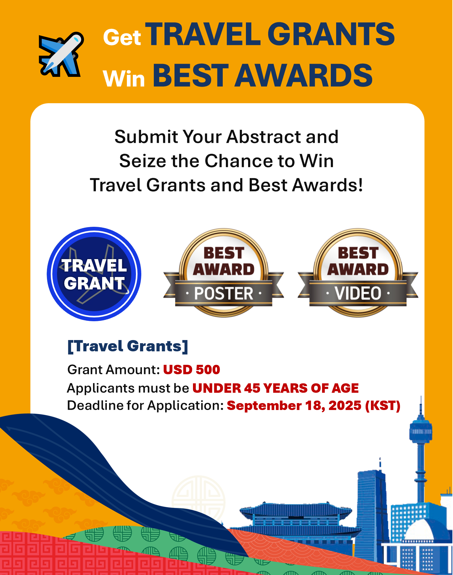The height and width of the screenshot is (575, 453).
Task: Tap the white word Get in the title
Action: tap(122, 38)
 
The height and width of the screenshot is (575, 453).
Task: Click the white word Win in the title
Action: tap(124, 78)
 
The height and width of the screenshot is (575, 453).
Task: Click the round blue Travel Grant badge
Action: tap(94, 274)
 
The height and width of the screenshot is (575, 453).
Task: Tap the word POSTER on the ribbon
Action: tap(224, 294)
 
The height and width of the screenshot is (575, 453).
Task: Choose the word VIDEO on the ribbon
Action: tap(358, 294)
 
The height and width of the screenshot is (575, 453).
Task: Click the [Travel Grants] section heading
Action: tap(128, 346)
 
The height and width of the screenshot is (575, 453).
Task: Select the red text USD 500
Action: tap(191, 370)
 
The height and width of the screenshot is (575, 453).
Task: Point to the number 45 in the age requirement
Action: tap(252, 388)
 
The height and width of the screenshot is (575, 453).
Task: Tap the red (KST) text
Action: tap(383, 406)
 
